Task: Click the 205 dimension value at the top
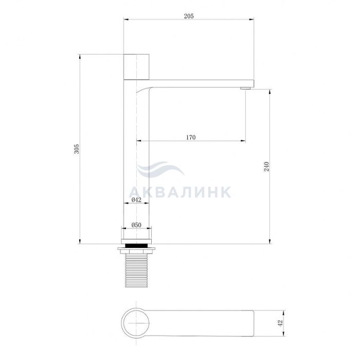(x=189, y=16)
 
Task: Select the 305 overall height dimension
(x=77, y=149)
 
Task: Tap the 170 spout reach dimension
(x=191, y=137)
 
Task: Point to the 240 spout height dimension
(x=266, y=167)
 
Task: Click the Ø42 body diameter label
(x=136, y=200)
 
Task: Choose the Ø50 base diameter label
(x=136, y=225)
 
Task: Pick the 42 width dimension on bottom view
(x=280, y=323)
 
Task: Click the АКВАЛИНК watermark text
(x=180, y=192)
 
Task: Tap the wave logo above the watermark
(x=160, y=169)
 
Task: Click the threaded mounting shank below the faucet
(x=136, y=271)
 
